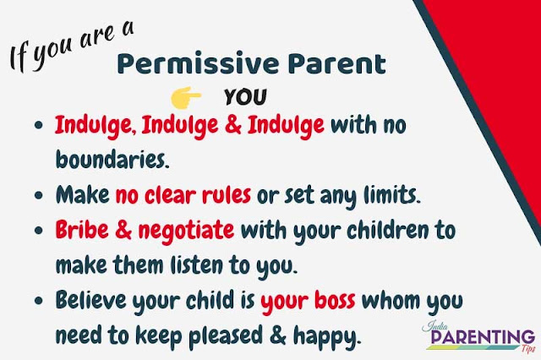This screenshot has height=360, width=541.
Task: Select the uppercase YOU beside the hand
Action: click(245, 95)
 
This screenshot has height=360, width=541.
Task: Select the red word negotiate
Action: click(186, 230)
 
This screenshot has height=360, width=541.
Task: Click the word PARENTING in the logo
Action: click(476, 339)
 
